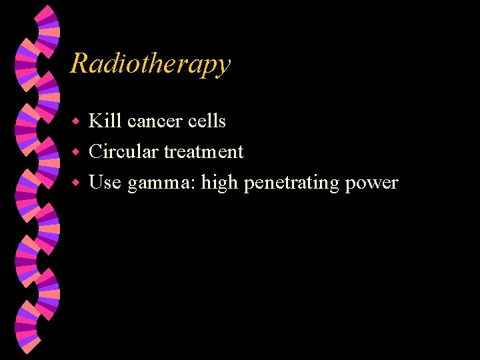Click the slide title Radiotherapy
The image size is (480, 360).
tap(150, 64)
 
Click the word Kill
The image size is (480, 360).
tap(105, 121)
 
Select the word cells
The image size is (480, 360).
tap(209, 121)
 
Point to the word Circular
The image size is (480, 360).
tap(124, 152)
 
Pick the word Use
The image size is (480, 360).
tap(105, 183)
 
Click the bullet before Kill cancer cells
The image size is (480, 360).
tap(76, 122)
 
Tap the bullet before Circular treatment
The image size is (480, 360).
tap(76, 153)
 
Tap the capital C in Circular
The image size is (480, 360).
tap(96, 152)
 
